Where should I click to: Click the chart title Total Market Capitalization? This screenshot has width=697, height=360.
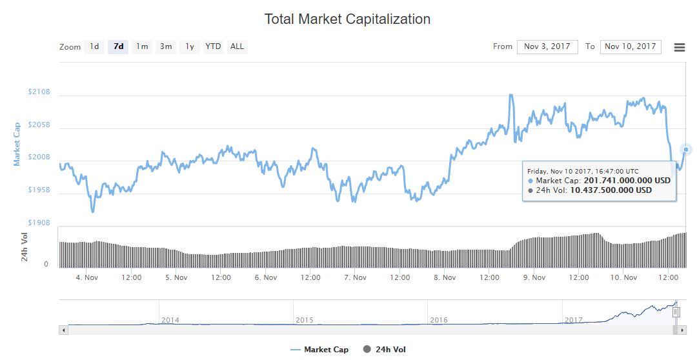pos(347,19)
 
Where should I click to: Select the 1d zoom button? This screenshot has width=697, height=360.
pos(94,46)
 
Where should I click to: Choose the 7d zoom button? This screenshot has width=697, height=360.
pos(118,46)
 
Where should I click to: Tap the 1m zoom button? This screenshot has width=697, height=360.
pos(142,46)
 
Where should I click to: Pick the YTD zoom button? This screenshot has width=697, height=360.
pos(213,46)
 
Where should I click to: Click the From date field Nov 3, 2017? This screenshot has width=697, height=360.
pos(547,46)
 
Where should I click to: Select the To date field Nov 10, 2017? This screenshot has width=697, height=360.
pos(630,46)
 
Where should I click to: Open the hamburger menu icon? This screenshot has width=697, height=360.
pos(679,47)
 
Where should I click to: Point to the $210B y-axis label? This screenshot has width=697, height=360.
pos(39,92)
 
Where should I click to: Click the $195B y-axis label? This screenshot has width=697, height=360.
pos(39,190)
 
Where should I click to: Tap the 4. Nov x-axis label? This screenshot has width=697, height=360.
pos(86,277)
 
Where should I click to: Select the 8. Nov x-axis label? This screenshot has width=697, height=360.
pos(445,277)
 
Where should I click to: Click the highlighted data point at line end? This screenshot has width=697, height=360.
pos(686,150)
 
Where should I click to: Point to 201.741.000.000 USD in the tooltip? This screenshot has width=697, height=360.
pos(627,181)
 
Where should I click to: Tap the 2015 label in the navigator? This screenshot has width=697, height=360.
pos(304,320)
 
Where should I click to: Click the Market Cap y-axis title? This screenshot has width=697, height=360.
pos(17,144)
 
